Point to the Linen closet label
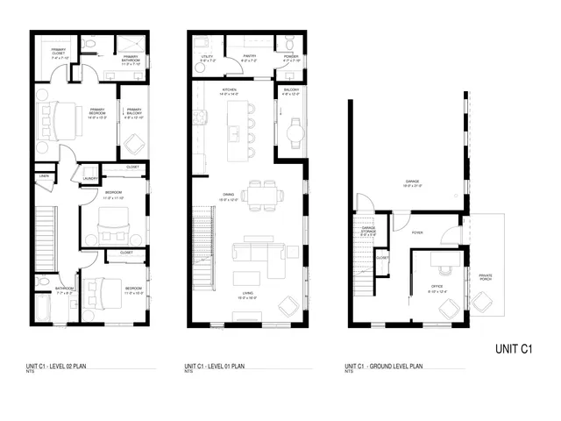[44, 177]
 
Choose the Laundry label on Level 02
[89, 179]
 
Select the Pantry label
[247, 59]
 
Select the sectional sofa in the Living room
[257, 255]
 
